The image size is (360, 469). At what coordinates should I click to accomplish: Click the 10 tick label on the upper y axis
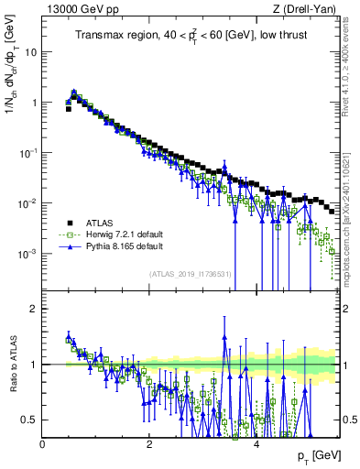point(29,52)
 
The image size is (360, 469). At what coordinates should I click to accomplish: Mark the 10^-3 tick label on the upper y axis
point(27,253)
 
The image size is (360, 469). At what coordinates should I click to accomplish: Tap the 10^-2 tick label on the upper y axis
point(27,202)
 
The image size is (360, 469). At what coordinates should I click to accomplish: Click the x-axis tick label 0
point(43,444)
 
